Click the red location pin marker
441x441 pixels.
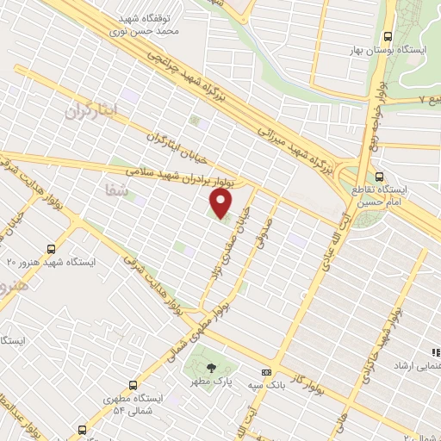pyautogui.click(x=221, y=203)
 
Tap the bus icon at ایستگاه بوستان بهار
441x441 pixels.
pyautogui.click(x=388, y=37)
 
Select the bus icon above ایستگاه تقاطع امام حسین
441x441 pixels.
pyautogui.click(x=380, y=177)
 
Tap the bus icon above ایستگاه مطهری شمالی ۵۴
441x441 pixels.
pyautogui.click(x=132, y=385)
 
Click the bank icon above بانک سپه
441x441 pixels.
pyautogui.click(x=265, y=372)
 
